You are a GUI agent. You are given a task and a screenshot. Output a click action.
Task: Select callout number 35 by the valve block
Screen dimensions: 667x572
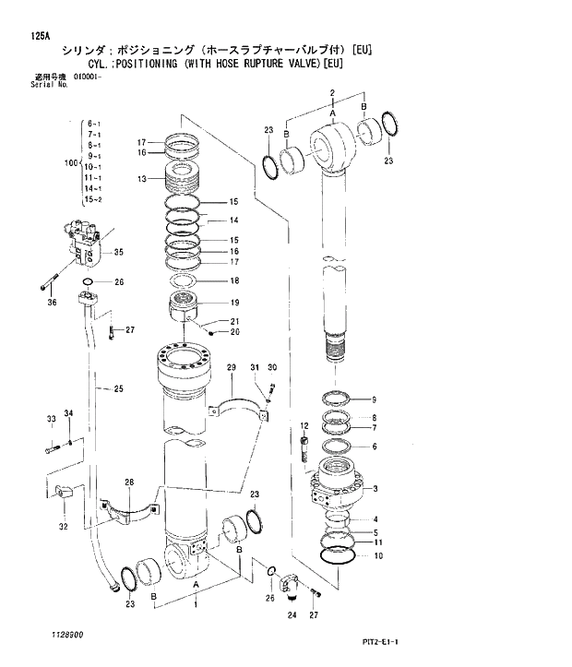coord(119,252)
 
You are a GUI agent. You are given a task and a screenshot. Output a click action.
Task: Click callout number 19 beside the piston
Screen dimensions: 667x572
coord(234,303)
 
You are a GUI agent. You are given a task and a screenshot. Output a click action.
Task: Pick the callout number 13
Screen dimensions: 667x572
coord(143,178)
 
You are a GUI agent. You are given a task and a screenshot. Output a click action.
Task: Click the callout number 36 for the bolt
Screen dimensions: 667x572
coord(52,302)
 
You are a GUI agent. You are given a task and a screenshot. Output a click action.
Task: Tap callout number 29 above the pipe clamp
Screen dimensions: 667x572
coord(232,367)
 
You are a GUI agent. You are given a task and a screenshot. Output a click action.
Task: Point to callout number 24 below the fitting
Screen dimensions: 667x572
coord(292,614)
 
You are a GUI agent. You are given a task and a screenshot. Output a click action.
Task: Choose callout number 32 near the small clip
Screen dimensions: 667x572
coord(63,527)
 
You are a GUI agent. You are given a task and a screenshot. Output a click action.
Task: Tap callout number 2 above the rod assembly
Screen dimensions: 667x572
coord(330,94)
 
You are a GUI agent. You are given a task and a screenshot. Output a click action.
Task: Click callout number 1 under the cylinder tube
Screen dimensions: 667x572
coord(195,605)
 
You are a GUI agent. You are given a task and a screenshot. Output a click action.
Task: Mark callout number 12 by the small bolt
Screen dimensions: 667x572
coord(303,424)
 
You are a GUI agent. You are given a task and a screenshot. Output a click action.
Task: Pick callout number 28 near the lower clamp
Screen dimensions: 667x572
coord(130,482)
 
